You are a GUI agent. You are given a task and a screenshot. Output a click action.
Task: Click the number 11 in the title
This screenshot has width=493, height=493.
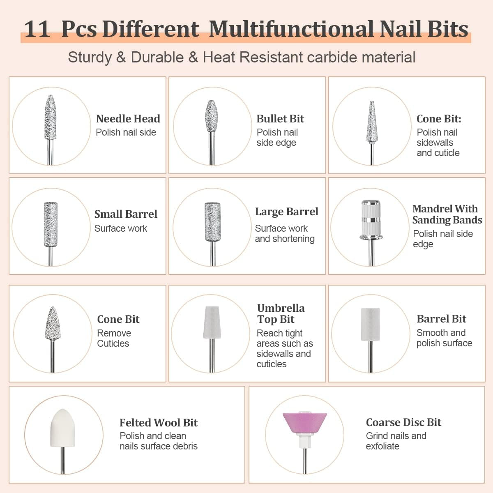[x=37, y=30]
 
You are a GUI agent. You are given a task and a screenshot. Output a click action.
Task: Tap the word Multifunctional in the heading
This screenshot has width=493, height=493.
[x=291, y=29]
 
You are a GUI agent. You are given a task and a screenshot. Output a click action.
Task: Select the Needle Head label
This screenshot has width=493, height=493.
[x=128, y=119]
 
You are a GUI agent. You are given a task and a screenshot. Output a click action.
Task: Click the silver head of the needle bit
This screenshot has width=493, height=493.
[x=51, y=117]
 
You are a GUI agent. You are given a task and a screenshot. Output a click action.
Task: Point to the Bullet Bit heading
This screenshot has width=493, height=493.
[x=280, y=119]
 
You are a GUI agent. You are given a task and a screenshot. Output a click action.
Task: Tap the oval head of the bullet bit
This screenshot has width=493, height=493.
[x=212, y=116]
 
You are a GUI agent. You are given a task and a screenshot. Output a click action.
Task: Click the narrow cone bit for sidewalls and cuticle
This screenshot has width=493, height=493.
[x=372, y=122]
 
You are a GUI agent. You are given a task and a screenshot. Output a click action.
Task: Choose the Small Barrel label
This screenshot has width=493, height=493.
[x=126, y=214]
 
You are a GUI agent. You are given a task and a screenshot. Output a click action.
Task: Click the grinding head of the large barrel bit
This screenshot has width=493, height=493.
[x=212, y=222]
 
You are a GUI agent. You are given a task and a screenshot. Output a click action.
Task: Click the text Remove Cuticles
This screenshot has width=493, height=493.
[x=114, y=338]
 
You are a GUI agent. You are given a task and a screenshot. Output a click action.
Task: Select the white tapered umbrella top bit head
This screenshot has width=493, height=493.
[x=212, y=322]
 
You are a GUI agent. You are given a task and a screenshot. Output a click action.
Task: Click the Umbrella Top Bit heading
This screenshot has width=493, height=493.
[x=281, y=313]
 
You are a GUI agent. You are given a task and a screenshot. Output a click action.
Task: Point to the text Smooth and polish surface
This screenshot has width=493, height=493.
[x=444, y=338]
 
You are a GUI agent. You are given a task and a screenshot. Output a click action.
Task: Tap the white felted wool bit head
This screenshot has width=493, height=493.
[x=63, y=428]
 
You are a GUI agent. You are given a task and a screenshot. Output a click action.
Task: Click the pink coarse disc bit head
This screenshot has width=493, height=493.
[x=304, y=422]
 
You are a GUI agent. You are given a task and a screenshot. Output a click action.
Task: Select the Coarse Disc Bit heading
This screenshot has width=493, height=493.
[x=403, y=422]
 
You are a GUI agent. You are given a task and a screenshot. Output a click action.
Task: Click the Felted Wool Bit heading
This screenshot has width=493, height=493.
[x=159, y=423]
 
